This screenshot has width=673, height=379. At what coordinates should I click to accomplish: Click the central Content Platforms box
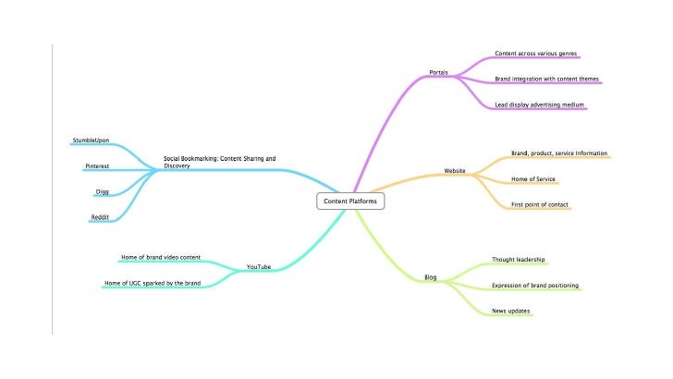point(349,201)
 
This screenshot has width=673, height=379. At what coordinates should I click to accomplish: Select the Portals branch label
point(440,72)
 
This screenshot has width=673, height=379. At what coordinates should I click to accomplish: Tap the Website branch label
point(455,171)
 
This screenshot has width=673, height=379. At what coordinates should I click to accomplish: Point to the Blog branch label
point(431,277)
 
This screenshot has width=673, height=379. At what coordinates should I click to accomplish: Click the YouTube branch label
point(259,267)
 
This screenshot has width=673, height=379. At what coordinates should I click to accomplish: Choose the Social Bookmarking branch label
point(219,162)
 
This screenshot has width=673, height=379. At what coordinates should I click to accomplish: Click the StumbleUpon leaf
point(91,141)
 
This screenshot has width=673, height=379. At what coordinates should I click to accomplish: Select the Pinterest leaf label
point(97,165)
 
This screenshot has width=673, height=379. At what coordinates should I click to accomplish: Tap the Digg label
point(103,191)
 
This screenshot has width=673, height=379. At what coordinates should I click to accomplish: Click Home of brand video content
point(161,257)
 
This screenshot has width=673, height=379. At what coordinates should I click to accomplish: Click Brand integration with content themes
point(548,79)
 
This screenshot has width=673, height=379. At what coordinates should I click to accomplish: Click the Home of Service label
point(533,178)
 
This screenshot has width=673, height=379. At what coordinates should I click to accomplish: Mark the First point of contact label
point(541,203)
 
